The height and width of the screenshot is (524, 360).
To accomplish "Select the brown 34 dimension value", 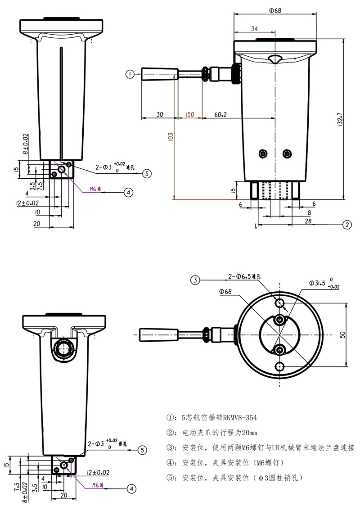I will pos(254,28).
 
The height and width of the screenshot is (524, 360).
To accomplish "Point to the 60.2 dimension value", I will pos(220,115).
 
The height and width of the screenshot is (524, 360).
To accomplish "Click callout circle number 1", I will pos(130,74).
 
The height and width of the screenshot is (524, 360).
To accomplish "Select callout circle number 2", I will pos(346,224).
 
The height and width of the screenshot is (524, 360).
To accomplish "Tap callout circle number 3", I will pos(194,280).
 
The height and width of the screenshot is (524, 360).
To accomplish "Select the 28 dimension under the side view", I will pos(308,221).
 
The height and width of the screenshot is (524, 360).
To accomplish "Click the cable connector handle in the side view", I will pos(159,74).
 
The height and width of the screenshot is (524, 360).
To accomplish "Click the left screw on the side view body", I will pos(263,154).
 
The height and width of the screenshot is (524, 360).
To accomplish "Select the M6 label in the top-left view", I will pos(93,189).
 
